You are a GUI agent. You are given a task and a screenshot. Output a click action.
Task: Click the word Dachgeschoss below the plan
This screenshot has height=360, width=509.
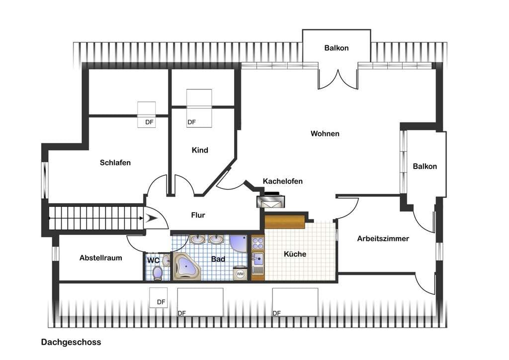click(71, 342)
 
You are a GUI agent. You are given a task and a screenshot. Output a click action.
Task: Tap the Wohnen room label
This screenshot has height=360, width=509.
click(325, 133)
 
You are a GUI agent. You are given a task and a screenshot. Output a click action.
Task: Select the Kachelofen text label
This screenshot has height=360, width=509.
click(283, 181)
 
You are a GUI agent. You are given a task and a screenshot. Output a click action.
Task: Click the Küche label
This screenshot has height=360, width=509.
click(295, 254)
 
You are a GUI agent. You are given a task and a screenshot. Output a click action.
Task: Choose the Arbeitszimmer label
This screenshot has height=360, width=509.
click(383, 239)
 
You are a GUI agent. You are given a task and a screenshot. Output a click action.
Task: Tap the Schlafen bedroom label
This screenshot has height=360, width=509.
click(115, 162)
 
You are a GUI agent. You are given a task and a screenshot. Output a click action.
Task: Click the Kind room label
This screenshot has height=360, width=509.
click(200, 150)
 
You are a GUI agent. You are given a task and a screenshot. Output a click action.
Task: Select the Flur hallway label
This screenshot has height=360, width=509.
click(198, 215)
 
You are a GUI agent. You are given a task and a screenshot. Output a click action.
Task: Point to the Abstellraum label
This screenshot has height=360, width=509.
click(100, 258)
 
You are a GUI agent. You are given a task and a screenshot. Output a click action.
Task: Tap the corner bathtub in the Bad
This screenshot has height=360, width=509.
click(187, 266)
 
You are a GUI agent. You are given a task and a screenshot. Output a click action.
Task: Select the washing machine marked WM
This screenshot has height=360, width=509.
click(240, 274)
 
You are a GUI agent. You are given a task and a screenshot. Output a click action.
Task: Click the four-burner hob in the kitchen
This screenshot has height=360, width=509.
click(258, 243)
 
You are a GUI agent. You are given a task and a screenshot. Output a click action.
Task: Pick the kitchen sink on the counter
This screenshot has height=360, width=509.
click(258, 259)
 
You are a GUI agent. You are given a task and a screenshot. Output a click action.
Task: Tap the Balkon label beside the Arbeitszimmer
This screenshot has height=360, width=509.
click(424, 166)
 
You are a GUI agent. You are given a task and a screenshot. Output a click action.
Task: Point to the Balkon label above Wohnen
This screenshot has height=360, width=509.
click(337, 48)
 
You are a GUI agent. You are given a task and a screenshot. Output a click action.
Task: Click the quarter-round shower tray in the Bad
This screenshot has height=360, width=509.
click(238, 243)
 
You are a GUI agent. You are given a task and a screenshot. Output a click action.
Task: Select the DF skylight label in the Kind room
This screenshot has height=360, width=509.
click(191, 122)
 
